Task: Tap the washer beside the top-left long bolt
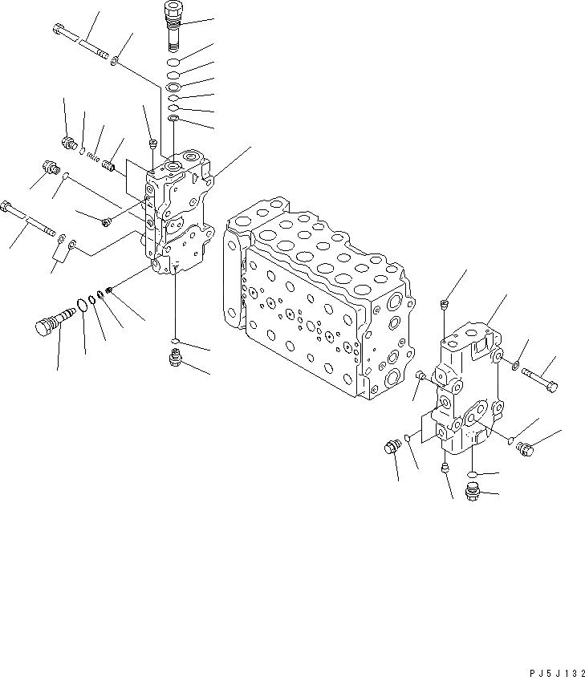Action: click(x=117, y=60)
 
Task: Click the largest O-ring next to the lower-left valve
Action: click(x=81, y=305)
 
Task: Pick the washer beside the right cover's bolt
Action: click(x=514, y=367)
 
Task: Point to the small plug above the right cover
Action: click(x=444, y=304)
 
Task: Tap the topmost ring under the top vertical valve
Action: click(x=174, y=62)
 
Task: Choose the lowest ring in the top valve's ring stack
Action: click(x=174, y=120)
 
